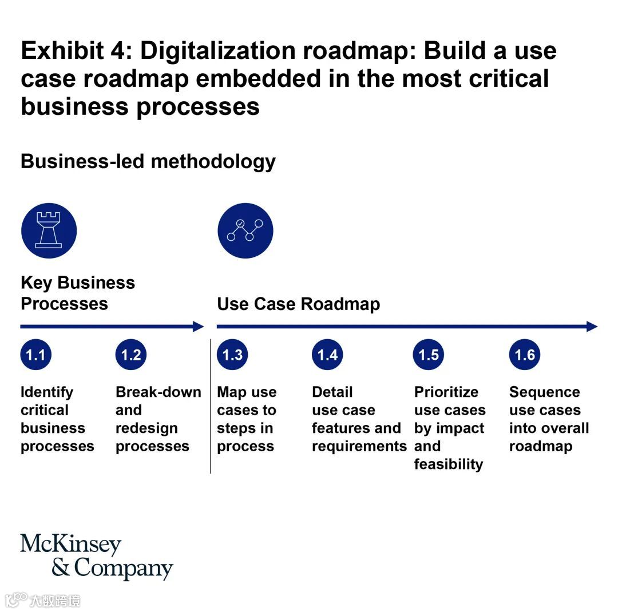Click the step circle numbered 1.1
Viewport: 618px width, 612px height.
click(35, 355)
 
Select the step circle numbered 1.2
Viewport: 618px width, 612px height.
click(131, 355)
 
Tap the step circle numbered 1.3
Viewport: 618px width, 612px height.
click(232, 355)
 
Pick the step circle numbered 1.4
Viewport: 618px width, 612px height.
click(327, 355)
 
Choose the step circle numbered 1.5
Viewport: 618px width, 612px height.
click(429, 355)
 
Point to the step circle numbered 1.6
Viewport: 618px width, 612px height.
click(525, 355)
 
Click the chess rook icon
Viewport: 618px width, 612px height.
click(49, 231)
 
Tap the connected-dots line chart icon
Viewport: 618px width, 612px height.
click(245, 231)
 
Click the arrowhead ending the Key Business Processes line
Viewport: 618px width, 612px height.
click(199, 327)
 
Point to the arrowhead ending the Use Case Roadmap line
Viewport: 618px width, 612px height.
click(592, 327)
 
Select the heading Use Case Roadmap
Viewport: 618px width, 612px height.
click(298, 304)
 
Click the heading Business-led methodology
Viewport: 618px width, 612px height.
click(148, 161)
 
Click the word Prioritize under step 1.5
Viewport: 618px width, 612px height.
click(446, 392)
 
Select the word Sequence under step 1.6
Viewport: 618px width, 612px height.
click(544, 392)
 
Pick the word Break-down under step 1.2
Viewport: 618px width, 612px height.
click(159, 392)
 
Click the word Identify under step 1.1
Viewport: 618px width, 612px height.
click(47, 392)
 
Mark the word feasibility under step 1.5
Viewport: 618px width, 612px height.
click(449, 464)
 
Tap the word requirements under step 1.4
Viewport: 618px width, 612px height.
click(359, 446)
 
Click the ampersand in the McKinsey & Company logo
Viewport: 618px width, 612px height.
click(60, 568)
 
